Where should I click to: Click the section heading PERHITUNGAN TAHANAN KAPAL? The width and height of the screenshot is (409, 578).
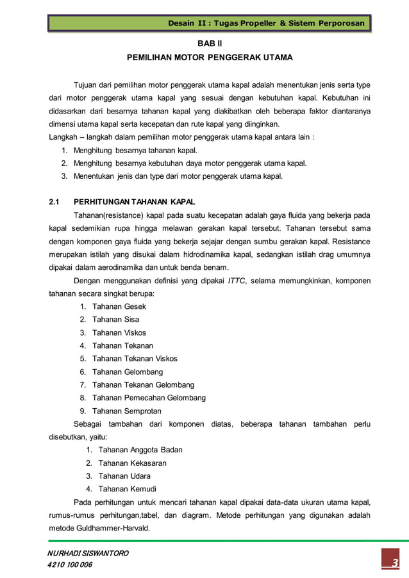point(134,202)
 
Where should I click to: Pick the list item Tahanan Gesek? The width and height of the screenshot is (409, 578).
point(119,306)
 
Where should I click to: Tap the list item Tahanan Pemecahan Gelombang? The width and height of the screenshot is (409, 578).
point(149,398)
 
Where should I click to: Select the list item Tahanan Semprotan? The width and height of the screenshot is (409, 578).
point(127,411)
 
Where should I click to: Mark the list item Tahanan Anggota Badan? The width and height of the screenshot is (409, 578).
point(140,450)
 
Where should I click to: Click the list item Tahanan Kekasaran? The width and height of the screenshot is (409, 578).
point(132,463)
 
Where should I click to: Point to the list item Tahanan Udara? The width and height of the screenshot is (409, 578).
point(124,476)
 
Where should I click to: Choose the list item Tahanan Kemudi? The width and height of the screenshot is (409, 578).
point(127,489)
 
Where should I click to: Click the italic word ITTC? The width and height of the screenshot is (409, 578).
point(238,280)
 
